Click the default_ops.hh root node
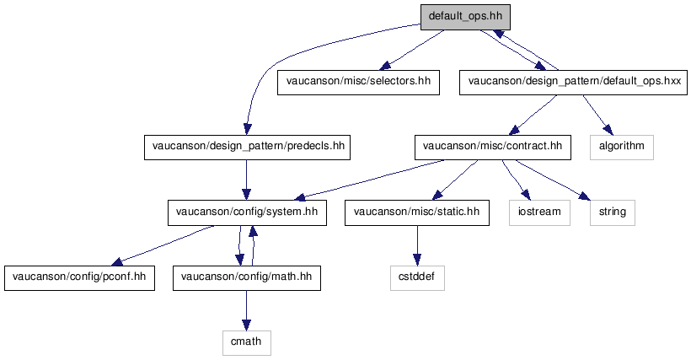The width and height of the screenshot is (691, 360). click(x=465, y=17)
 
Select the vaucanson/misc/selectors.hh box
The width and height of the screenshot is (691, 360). click(x=358, y=82)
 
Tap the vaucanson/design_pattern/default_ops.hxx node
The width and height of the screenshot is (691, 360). click(x=573, y=82)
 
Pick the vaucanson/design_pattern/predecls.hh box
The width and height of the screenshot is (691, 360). click(x=247, y=148)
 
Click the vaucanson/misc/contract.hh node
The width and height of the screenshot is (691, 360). click(x=493, y=148)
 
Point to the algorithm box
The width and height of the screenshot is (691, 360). click(x=622, y=148)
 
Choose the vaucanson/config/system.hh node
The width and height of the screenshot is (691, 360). click(x=247, y=212)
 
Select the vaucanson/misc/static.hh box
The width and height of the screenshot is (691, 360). click(x=417, y=212)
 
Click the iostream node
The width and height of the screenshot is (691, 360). click(x=539, y=212)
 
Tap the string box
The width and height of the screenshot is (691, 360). click(x=613, y=212)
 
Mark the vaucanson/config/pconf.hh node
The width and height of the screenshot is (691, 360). click(x=79, y=278)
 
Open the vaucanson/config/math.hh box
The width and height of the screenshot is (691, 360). click(x=247, y=278)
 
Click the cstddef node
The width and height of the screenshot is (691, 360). click(x=417, y=278)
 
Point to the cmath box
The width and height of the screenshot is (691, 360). click(x=247, y=343)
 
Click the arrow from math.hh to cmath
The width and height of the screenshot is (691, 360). click(x=246, y=310)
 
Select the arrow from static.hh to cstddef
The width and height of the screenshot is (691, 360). click(x=417, y=245)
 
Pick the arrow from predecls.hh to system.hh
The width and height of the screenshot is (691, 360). click(x=246, y=180)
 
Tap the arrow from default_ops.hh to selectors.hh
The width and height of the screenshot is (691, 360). click(x=411, y=50)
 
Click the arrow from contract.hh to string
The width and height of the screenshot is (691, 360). click(x=553, y=179)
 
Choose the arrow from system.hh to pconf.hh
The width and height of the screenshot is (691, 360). click(x=162, y=246)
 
